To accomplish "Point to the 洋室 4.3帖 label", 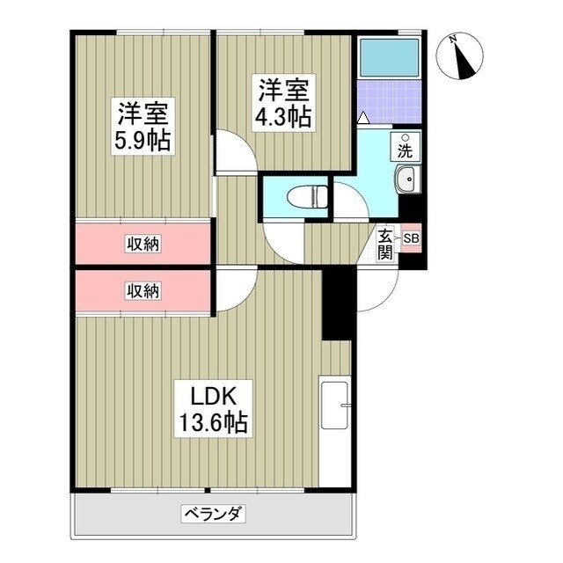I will pyautogui.click(x=283, y=103).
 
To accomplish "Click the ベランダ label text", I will pyautogui.click(x=214, y=513).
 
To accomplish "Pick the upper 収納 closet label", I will pyautogui.click(x=141, y=244).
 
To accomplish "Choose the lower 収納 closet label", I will pyautogui.click(x=141, y=290).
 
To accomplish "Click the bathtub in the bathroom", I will pyautogui.click(x=390, y=58).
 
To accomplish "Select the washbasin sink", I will pyautogui.click(x=407, y=180).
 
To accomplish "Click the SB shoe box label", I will pyautogui.click(x=411, y=238).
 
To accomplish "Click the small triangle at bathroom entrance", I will pyautogui.click(x=363, y=117).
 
